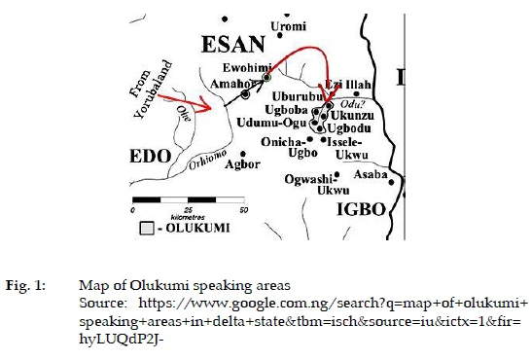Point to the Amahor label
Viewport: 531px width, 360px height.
coord(232,85)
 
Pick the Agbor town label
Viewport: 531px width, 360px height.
coord(242,162)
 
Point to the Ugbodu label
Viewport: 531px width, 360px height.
coord(348,127)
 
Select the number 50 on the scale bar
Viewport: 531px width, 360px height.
coord(243,210)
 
